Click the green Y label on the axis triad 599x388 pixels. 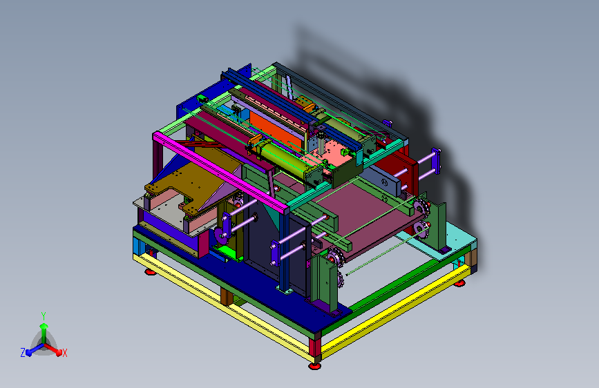coord(44,316)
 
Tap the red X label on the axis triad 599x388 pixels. coord(64,353)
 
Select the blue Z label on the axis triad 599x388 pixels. coord(23,353)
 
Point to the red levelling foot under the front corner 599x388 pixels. coord(314,366)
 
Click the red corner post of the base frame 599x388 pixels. coord(315,347)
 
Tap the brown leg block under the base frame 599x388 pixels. coord(227,297)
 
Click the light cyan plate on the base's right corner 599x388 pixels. coord(450,239)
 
